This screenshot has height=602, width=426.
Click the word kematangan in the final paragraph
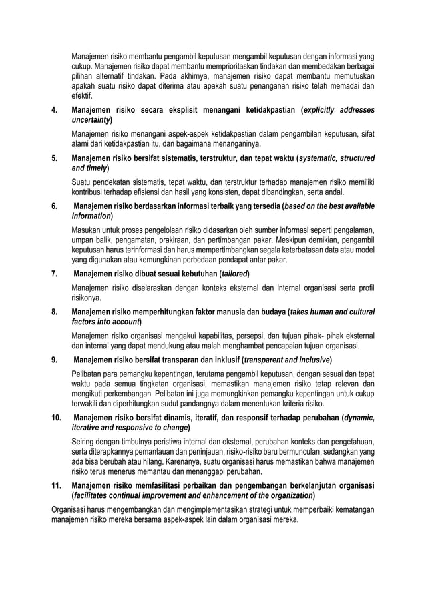[351, 511]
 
